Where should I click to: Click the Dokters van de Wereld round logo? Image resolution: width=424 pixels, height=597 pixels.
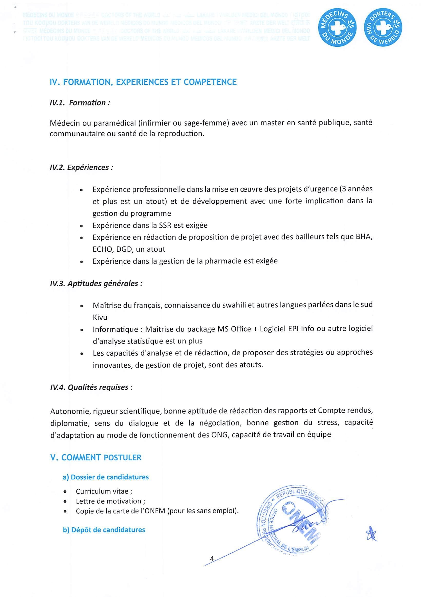[x=383, y=27]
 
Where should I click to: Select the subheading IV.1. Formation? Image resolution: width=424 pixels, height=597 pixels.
[x=80, y=103]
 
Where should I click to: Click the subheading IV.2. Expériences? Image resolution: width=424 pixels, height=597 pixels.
[x=81, y=167]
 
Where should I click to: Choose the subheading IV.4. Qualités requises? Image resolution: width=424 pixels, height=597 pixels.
[x=89, y=387]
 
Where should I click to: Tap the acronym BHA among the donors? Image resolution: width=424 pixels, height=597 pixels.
[x=363, y=237]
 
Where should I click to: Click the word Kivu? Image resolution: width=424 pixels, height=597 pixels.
[x=100, y=317]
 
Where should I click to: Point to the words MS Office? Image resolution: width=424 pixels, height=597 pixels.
[x=234, y=329]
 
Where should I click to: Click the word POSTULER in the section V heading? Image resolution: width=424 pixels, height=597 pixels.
[x=122, y=458]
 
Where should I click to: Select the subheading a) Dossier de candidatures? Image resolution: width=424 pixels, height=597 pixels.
[x=105, y=477]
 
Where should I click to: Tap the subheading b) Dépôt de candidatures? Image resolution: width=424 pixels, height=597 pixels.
[x=104, y=530]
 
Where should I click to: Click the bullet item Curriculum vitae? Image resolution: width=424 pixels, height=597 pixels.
[x=104, y=491]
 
